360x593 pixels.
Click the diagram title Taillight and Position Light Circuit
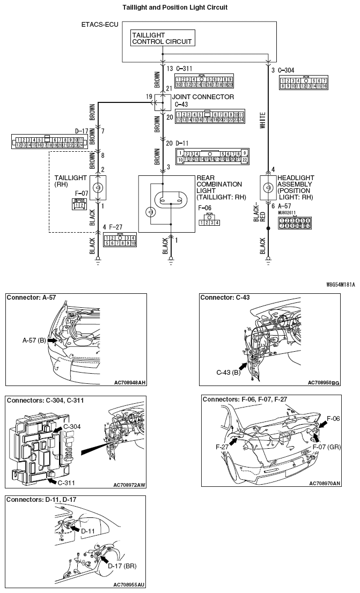point(182,8)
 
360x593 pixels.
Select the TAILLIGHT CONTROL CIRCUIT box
point(161,38)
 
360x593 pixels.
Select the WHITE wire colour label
point(262,118)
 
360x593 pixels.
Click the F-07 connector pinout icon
point(78,204)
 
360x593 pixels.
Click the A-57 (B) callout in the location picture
point(34,340)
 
